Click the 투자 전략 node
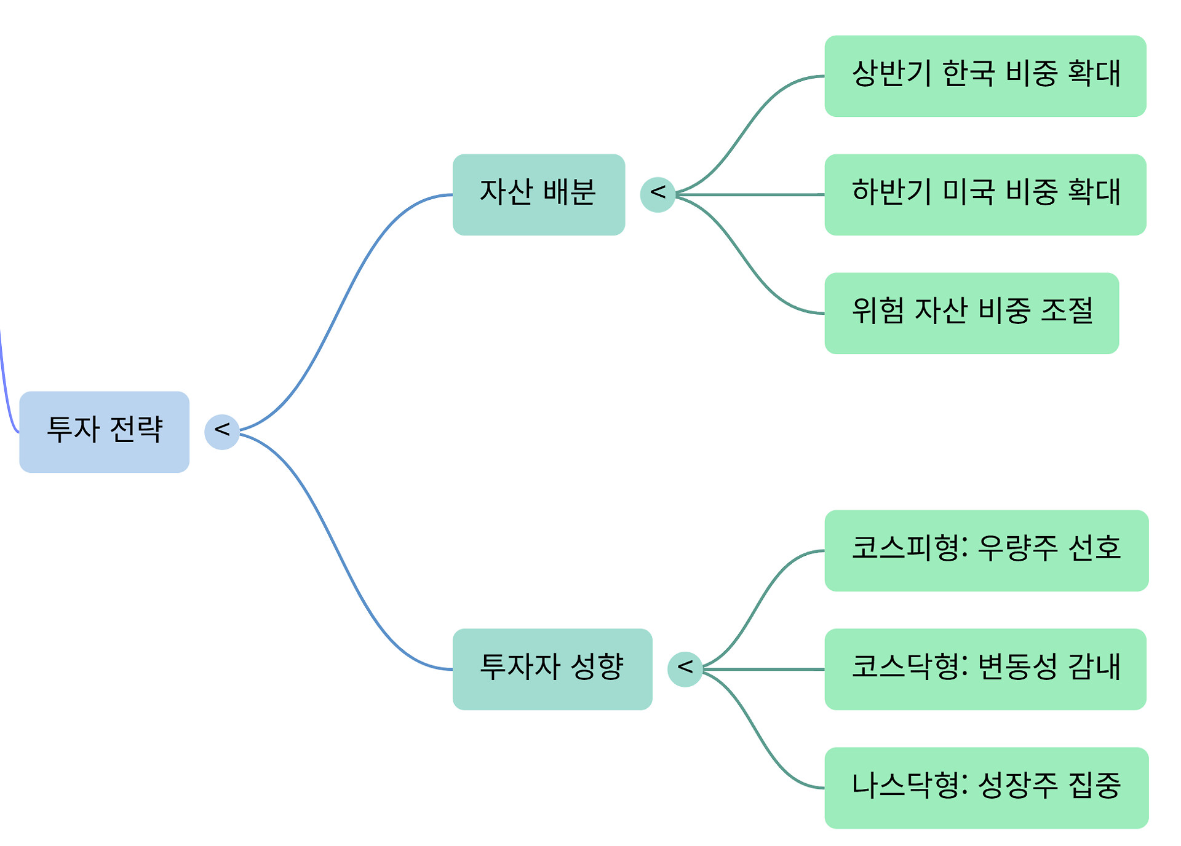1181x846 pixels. [x=104, y=432]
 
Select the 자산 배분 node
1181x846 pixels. [x=538, y=194]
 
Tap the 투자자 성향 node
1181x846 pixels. [x=552, y=669]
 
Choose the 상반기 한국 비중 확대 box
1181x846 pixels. [x=985, y=76]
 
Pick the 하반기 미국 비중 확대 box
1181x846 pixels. [x=985, y=194]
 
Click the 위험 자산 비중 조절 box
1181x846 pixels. [x=971, y=313]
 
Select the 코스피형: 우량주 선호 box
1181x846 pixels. [x=986, y=550]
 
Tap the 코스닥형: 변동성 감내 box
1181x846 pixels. [x=985, y=669]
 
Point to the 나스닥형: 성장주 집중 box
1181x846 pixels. [x=986, y=788]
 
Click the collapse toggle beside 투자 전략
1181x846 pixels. [x=221, y=432]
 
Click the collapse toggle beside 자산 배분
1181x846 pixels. [x=658, y=194]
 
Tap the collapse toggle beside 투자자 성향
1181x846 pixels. [x=685, y=669]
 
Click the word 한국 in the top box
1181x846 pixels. [x=969, y=73]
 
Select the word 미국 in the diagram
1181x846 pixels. [x=969, y=192]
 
